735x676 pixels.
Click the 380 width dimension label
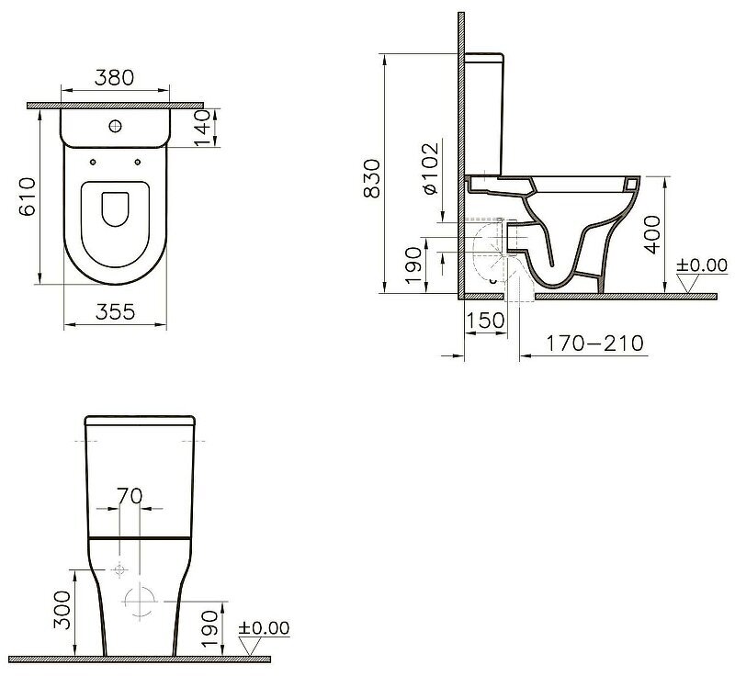pyautogui.click(x=114, y=77)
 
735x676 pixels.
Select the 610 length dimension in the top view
pyautogui.click(x=28, y=197)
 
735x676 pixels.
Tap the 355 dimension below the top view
pyautogui.click(x=115, y=311)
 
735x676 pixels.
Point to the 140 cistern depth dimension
pyautogui.click(x=203, y=128)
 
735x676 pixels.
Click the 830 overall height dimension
pyautogui.click(x=372, y=178)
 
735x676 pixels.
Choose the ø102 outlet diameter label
pyautogui.click(x=430, y=168)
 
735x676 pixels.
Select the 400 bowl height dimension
pyautogui.click(x=653, y=234)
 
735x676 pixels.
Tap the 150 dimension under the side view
pyautogui.click(x=485, y=321)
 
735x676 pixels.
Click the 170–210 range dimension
pyautogui.click(x=595, y=344)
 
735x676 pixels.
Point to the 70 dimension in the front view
pyautogui.click(x=130, y=496)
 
